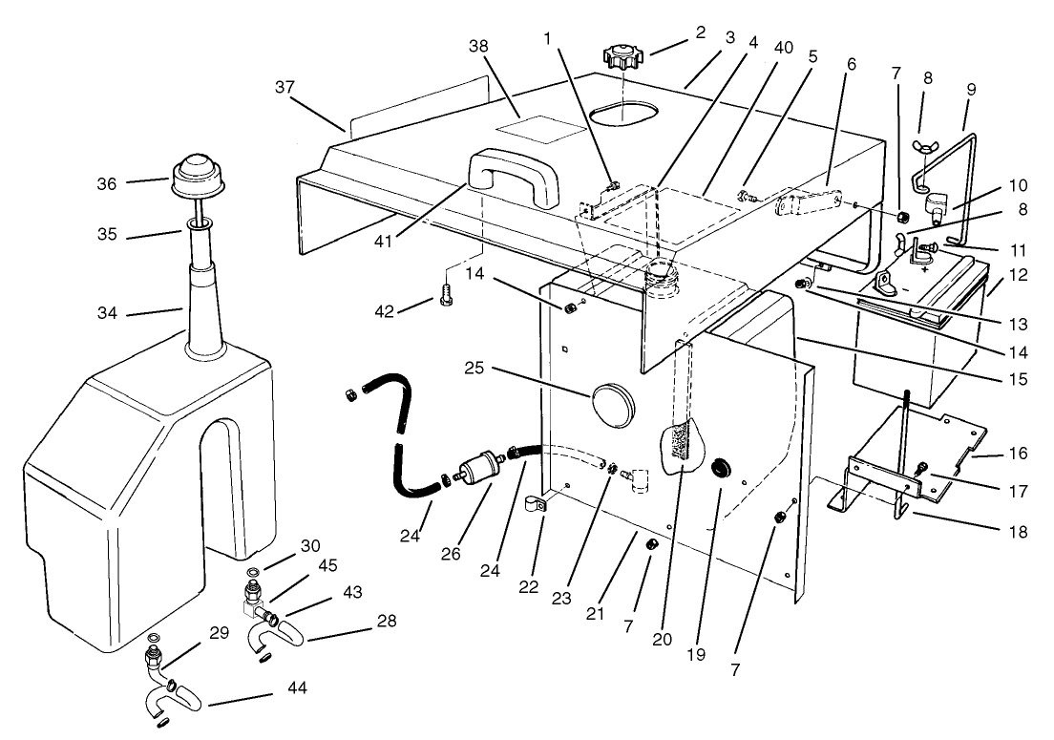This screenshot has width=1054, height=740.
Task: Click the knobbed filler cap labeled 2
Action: pos(624,57)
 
